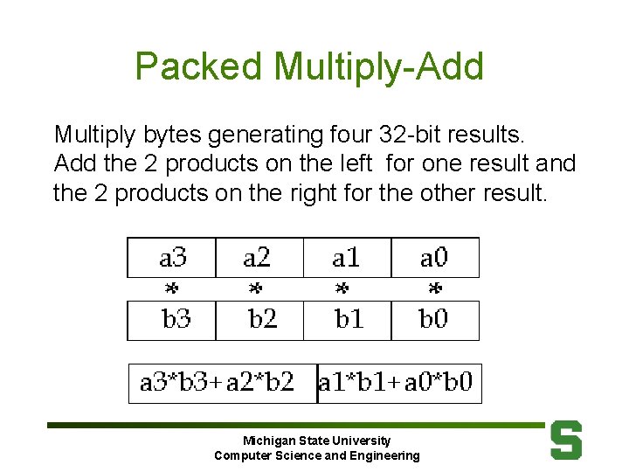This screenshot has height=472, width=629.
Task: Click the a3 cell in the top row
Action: pos(172,258)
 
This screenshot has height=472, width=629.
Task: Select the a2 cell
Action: pos(259,258)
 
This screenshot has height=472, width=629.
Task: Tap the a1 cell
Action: pos(347,258)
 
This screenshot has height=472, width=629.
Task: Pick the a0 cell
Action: pos(434,258)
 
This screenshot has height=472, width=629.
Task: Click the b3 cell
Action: pos(172,320)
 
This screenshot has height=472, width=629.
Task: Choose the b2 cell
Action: pos(259,320)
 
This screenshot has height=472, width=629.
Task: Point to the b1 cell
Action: pos(347,320)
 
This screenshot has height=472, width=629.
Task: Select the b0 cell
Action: pos(434,320)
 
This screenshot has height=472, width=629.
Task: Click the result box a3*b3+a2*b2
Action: pos(222,383)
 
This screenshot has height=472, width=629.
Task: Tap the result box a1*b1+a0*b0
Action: pos(398,383)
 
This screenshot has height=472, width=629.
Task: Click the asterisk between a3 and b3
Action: pos(172,288)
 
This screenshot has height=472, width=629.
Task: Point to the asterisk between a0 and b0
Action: pos(434,288)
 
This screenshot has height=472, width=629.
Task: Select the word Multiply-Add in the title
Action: pos(378,66)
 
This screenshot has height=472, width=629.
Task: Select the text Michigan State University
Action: pos(316,441)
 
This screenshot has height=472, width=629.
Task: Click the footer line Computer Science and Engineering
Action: pos(316,455)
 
